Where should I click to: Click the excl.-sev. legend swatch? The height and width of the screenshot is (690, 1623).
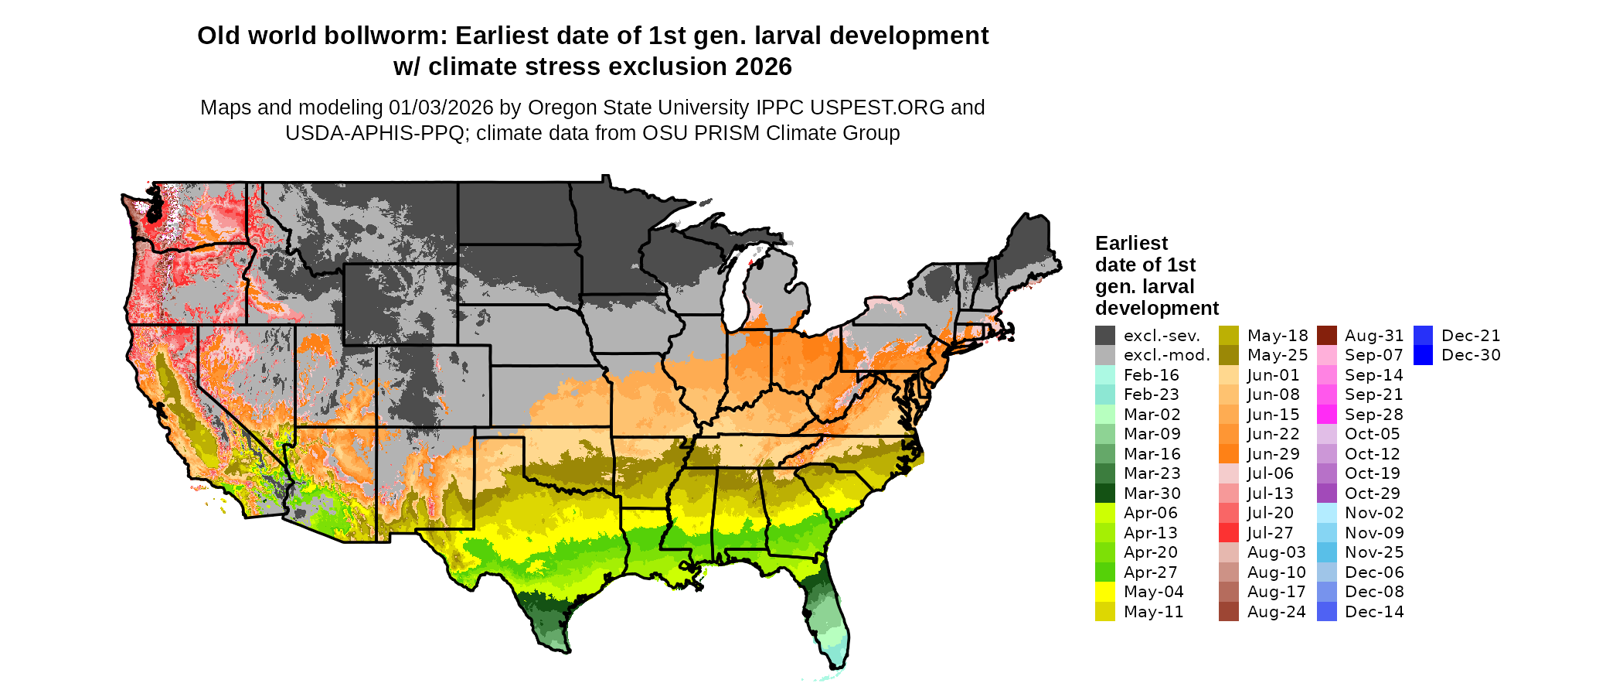(x=1104, y=336)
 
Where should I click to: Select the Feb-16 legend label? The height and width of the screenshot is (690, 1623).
(x=1151, y=375)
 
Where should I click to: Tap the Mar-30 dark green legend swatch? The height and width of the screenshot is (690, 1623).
(x=1104, y=494)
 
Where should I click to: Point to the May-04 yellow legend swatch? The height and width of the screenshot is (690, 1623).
(x=1104, y=592)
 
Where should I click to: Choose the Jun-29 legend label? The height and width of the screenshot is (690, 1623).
(x=1273, y=454)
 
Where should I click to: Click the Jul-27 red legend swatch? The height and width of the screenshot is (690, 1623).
(x=1229, y=533)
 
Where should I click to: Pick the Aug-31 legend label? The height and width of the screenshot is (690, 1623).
(x=1373, y=336)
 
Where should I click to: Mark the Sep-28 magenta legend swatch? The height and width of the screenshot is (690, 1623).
(x=1326, y=415)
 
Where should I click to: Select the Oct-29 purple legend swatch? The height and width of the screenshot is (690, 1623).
(x=1326, y=494)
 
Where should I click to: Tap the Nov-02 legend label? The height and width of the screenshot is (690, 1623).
(x=1373, y=513)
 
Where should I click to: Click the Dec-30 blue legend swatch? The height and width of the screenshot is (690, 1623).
(x=1423, y=355)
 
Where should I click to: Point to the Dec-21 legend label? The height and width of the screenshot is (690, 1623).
(x=1471, y=336)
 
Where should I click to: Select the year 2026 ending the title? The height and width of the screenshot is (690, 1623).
(x=763, y=67)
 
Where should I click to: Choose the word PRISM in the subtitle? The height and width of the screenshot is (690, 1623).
(x=726, y=133)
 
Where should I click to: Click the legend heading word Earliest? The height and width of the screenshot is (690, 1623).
(x=1131, y=243)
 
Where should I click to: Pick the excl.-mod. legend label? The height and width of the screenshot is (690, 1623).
(x=1166, y=355)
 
